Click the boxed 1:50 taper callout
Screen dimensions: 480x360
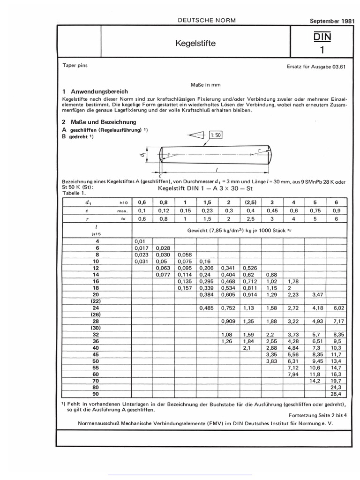216,135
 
